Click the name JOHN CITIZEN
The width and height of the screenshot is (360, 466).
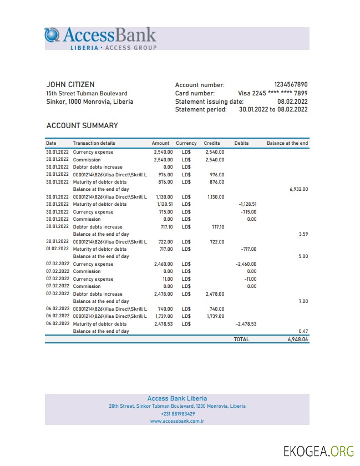[70, 85]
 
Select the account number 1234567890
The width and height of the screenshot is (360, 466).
[291, 85]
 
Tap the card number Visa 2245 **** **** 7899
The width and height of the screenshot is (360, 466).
[272, 93]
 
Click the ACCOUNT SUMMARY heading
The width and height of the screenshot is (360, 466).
[82, 126]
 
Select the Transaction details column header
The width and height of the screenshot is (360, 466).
[94, 143]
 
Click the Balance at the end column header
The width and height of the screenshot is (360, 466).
[287, 143]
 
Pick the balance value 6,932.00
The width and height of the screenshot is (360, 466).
[298, 189]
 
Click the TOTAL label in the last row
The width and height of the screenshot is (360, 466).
[241, 339]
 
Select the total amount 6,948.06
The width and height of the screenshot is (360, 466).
[298, 339]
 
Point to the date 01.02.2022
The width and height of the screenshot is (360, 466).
[58, 249]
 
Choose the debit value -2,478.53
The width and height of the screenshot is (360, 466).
[246, 324]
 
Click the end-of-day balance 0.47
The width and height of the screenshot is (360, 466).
[303, 331]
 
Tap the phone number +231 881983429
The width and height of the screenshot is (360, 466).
[178, 414]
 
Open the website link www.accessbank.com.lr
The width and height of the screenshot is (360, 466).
[178, 421]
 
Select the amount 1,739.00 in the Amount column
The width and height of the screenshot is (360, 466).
[164, 316]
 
